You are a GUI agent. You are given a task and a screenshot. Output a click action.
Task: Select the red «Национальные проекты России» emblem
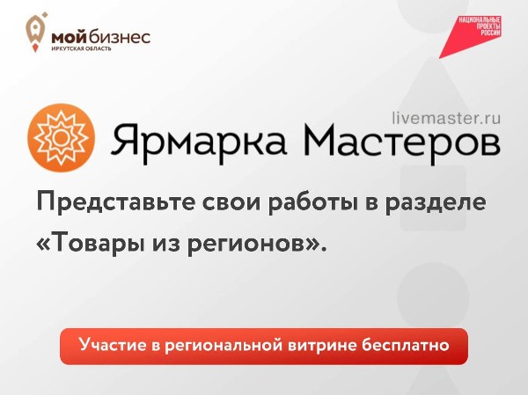point(479,32)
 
